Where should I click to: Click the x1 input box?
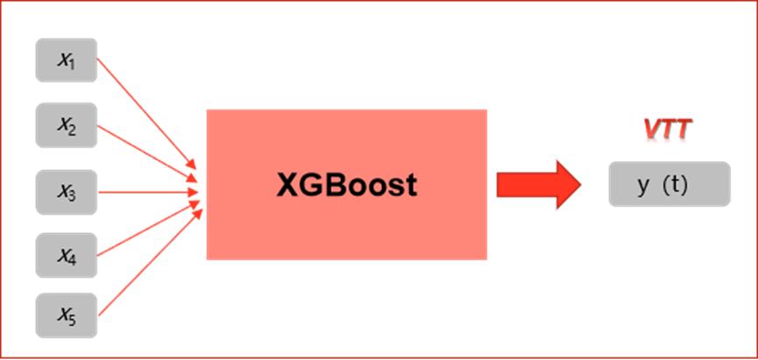(66, 60)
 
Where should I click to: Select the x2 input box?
(66, 125)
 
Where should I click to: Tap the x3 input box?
(66, 192)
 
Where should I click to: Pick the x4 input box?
(66, 256)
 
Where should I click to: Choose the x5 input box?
(66, 316)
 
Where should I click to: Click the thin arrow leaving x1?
(145, 114)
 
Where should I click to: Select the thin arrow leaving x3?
(145, 191)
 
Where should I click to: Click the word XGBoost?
(346, 185)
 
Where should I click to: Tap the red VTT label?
(667, 131)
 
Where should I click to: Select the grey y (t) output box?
(669, 184)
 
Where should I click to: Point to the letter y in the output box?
(642, 185)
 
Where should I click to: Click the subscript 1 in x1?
(73, 64)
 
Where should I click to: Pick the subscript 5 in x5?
(73, 321)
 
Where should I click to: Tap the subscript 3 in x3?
(73, 196)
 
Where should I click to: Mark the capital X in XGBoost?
(287, 185)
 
